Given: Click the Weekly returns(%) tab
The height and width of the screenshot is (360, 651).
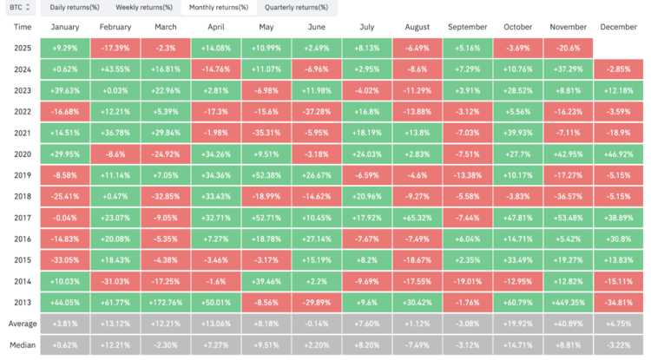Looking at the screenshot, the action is pyautogui.click(x=143, y=8).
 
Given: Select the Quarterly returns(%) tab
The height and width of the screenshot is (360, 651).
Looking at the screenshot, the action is pyautogui.click(x=296, y=8).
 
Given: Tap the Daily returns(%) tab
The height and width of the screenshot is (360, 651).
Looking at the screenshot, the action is pyautogui.click(x=75, y=8).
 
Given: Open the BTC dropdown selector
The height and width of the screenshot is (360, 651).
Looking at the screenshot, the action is pyautogui.click(x=20, y=8).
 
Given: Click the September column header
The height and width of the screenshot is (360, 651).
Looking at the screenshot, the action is pyautogui.click(x=468, y=27).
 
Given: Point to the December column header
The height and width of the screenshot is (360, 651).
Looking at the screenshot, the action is pyautogui.click(x=618, y=27).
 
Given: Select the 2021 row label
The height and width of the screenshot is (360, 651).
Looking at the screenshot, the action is pyautogui.click(x=23, y=133).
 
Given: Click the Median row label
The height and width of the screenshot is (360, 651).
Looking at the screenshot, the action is pyautogui.click(x=23, y=345).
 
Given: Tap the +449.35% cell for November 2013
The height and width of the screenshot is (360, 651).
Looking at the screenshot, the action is pyautogui.click(x=568, y=303).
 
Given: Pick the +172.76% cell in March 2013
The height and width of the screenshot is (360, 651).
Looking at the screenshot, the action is pyautogui.click(x=166, y=303).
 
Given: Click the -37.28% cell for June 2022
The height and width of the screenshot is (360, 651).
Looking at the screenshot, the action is pyautogui.click(x=317, y=112).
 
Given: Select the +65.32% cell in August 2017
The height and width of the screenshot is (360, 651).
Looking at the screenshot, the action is pyautogui.click(x=418, y=218).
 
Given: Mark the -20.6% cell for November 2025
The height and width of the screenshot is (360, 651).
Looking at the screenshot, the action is pyautogui.click(x=568, y=48).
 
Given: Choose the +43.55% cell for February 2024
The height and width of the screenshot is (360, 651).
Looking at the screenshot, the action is pyautogui.click(x=115, y=69).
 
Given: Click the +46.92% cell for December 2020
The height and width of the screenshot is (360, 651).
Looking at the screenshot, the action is pyautogui.click(x=619, y=154).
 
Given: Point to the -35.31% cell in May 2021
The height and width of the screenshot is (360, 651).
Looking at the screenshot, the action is pyautogui.click(x=266, y=133).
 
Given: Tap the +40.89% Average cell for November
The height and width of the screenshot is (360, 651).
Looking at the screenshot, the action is pyautogui.click(x=568, y=324).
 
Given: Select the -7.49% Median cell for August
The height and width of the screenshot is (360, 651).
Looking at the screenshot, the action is pyautogui.click(x=418, y=345).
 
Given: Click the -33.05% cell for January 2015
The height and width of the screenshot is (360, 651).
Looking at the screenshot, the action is pyautogui.click(x=65, y=260).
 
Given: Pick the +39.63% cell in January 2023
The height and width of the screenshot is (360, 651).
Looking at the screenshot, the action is pyautogui.click(x=65, y=91).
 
